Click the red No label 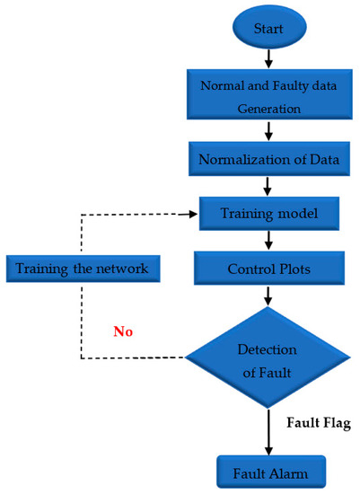click(123, 331)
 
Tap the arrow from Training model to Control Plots click(268, 241)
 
